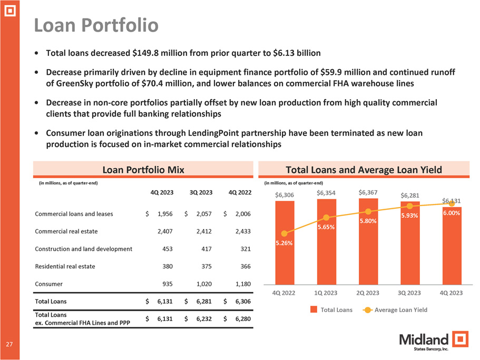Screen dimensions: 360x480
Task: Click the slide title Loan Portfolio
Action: [x=96, y=25]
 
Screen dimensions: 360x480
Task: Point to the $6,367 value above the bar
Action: [x=368, y=192]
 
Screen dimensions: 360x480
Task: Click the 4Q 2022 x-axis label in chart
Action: [x=285, y=293]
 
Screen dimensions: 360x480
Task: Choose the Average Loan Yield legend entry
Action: [x=396, y=309]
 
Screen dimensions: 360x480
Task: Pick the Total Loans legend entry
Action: [x=333, y=309]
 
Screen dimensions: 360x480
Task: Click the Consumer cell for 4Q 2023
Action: [x=166, y=284]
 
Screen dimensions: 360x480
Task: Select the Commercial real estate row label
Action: [x=66, y=231]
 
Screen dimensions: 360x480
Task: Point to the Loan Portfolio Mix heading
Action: [x=143, y=169]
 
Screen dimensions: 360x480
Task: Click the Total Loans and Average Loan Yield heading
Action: [x=364, y=169]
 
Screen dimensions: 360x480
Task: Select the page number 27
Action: [x=9, y=344]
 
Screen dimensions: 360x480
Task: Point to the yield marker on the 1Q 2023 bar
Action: [x=326, y=218]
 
